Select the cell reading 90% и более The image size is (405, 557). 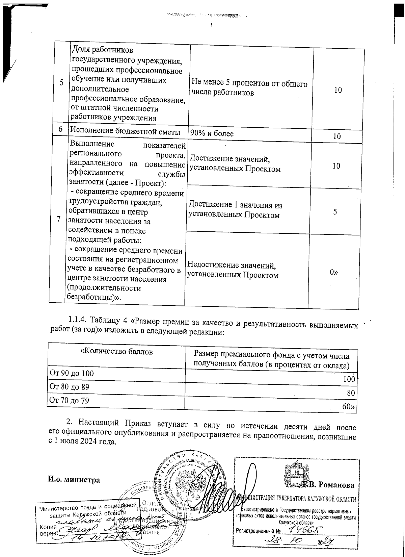(x=212, y=133)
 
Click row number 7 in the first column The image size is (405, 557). (x=59, y=219)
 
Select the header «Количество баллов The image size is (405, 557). (x=116, y=352)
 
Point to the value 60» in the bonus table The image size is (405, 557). (x=349, y=407)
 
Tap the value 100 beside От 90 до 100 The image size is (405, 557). (x=349, y=379)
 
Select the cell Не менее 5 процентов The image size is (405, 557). (x=249, y=88)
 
